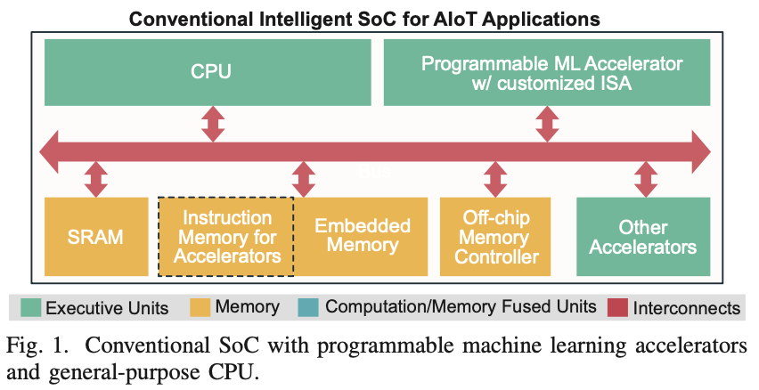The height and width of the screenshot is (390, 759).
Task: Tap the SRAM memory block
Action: (94, 237)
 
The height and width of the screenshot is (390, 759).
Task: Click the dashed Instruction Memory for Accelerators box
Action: (225, 237)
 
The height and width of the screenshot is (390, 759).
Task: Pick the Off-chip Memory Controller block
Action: (495, 237)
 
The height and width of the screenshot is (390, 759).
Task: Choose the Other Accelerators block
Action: (642, 237)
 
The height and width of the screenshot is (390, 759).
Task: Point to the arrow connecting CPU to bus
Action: (213, 123)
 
